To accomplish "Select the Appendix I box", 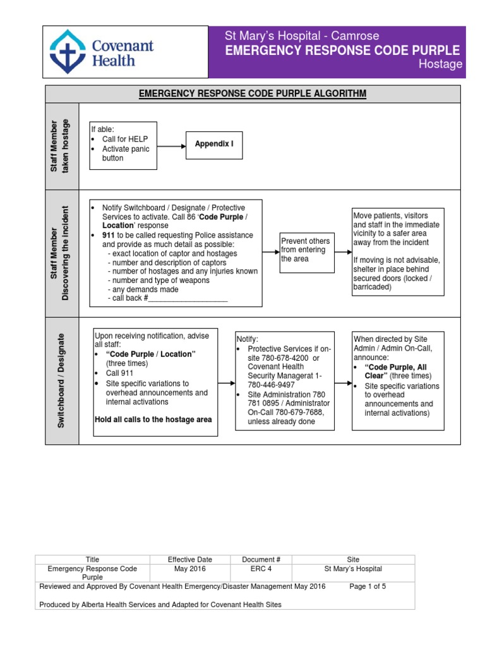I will [x=213, y=145].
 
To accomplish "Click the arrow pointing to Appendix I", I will [x=171, y=145].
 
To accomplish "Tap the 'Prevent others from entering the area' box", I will [x=306, y=250].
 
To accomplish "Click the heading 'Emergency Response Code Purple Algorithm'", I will [x=253, y=94].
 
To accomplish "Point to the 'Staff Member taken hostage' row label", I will [x=62, y=146].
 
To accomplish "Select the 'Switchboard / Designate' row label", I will [x=62, y=381].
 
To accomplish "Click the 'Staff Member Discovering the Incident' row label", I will [x=62, y=253].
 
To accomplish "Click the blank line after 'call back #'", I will [x=187, y=298].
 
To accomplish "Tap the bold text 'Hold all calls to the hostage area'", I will [x=153, y=420].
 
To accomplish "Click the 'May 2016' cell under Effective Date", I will [x=190, y=569].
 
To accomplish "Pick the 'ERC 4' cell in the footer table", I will [x=261, y=569].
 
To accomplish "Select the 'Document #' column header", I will [x=261, y=559].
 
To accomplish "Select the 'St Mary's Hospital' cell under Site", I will [x=353, y=569].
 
